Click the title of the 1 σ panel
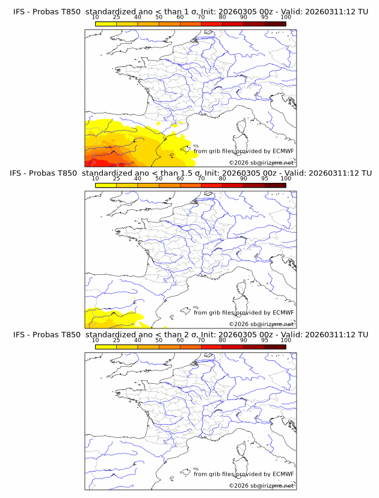pos(189,12)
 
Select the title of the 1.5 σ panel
pos(189,173)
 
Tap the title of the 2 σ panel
pos(189,334)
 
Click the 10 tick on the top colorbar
pos(96,17)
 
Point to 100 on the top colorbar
pos(286,17)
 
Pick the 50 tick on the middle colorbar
pos(159,179)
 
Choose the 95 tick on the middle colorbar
pos(265,179)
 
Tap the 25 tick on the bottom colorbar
pos(117,340)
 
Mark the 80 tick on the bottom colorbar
pos(223,340)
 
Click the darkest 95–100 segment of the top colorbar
pos(275,24)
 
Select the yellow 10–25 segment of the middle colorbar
pos(106,185)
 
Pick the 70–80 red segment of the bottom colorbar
pos(212,346)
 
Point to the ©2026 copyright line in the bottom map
pos(261,485)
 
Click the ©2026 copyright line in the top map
pos(261,163)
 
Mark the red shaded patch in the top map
pos(108,163)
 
